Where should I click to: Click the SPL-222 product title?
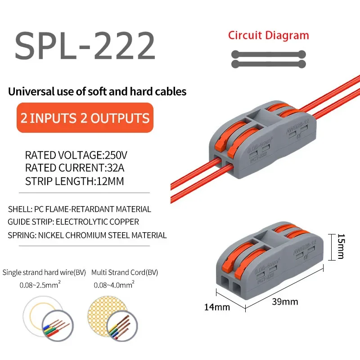[85, 46]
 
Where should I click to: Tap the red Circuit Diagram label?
[268, 36]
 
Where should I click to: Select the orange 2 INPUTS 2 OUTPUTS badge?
[85, 118]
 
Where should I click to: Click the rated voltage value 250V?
[116, 156]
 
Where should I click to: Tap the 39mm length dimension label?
[285, 301]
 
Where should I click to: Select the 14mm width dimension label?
[217, 307]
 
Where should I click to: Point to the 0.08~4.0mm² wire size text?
[113, 285]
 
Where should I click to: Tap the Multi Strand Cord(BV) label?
[124, 273]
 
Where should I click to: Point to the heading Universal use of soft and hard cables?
[97, 92]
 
